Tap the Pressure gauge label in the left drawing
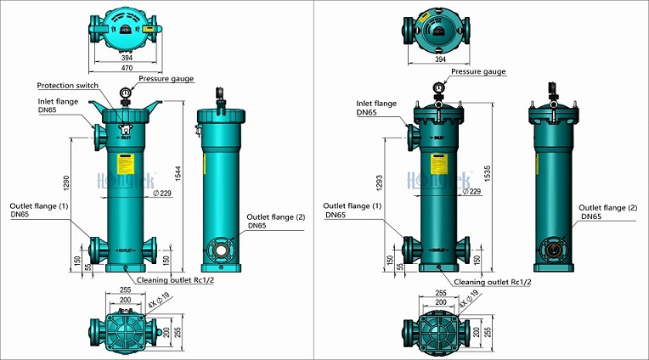point(166,78)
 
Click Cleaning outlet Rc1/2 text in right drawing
point(493,282)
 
